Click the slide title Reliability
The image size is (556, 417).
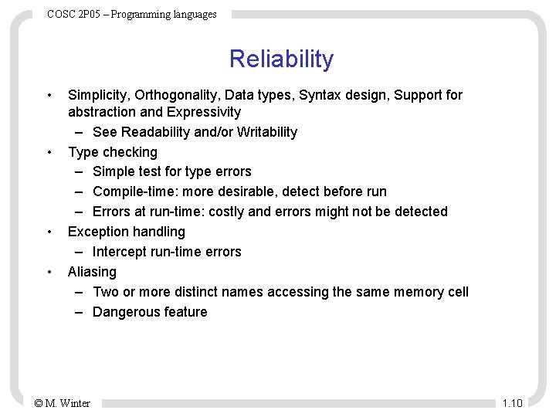click(281, 59)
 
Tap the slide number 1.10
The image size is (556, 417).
click(512, 403)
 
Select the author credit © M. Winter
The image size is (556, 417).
click(63, 403)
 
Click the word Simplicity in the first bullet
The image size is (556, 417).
click(97, 95)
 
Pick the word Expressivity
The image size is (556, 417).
click(203, 112)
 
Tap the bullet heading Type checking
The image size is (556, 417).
click(113, 152)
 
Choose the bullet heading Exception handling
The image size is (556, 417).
click(127, 232)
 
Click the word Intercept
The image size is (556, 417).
click(120, 252)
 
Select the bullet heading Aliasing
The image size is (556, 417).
click(92, 272)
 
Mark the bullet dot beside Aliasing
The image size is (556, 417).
click(49, 272)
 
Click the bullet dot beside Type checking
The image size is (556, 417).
click(49, 152)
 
